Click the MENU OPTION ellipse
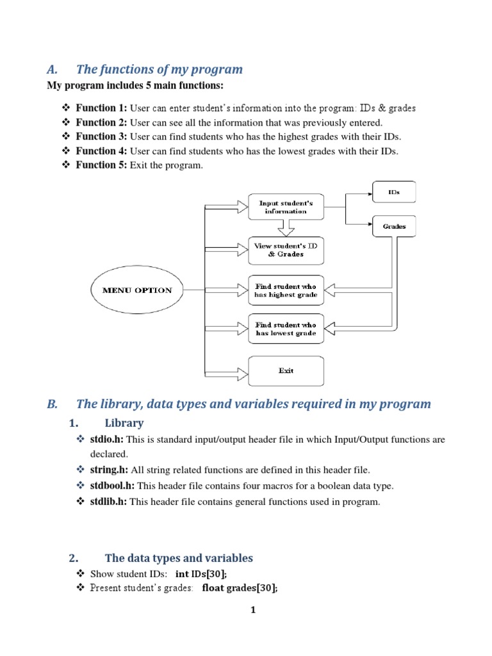coord(137,290)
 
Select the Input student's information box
coord(286,207)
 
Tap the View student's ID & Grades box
coord(286,250)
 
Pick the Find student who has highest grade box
coord(286,290)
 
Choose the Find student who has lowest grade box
coord(286,329)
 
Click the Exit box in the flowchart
coord(286,371)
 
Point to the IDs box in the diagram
coord(394,192)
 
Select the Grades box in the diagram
coord(394,226)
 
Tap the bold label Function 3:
coord(101,136)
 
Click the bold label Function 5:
coord(101,165)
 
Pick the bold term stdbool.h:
coord(113,486)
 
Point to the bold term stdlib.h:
coord(109,502)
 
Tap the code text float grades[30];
coord(240,588)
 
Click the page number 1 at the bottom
coord(253,610)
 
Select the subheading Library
coord(124,423)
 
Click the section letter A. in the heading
coord(52,69)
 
